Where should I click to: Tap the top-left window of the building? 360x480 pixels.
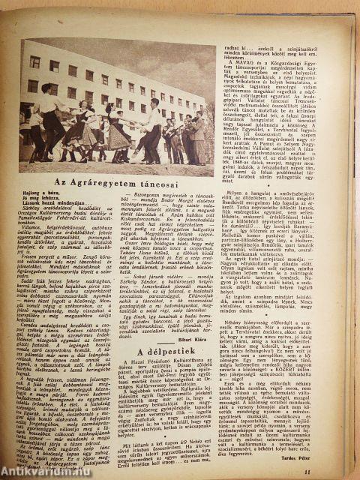[x=34, y=61]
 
